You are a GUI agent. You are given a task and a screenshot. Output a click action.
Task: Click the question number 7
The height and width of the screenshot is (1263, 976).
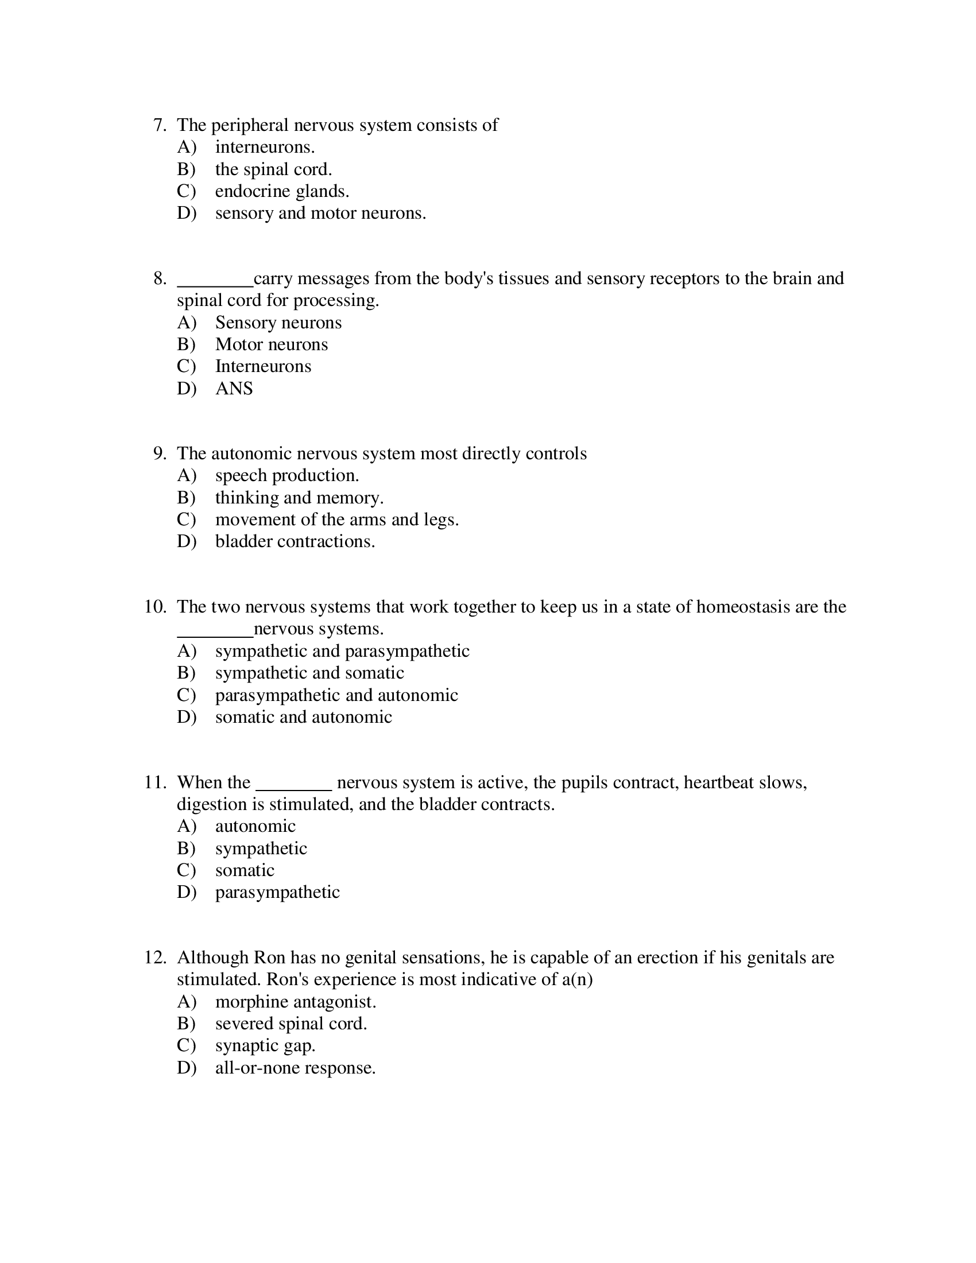(x=160, y=126)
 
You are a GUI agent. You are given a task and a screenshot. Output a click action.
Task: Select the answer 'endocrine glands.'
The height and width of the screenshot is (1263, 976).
(x=281, y=191)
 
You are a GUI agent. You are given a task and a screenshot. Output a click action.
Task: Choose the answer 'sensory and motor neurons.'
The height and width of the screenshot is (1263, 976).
(x=320, y=214)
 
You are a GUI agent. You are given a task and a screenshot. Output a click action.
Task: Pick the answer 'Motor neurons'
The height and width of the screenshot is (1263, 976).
(x=271, y=344)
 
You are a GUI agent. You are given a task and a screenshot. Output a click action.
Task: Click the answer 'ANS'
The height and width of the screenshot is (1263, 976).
(x=234, y=389)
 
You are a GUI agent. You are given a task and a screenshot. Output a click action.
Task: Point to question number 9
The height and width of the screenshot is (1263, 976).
(x=160, y=454)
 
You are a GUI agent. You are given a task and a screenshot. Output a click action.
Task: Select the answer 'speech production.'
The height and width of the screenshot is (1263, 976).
(x=287, y=475)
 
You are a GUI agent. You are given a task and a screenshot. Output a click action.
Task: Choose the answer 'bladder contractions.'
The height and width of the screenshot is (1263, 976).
(x=295, y=541)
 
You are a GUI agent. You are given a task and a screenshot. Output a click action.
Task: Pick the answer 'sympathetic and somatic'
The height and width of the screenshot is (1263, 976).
(x=309, y=673)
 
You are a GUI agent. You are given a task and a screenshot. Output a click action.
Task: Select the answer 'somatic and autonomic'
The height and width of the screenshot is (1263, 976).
(x=304, y=717)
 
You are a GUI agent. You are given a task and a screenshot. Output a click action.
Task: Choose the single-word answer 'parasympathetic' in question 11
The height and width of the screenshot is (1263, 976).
(x=277, y=892)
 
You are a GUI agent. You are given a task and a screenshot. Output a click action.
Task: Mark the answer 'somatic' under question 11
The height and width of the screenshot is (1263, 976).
(x=245, y=870)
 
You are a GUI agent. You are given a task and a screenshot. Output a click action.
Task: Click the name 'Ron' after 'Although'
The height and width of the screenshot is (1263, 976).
(x=269, y=958)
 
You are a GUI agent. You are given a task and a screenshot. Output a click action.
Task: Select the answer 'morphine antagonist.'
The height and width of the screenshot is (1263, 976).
(x=296, y=1002)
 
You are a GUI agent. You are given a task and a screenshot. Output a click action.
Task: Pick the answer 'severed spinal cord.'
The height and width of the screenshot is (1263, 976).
(x=291, y=1024)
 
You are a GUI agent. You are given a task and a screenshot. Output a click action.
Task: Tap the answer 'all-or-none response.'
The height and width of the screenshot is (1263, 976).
(x=295, y=1068)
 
